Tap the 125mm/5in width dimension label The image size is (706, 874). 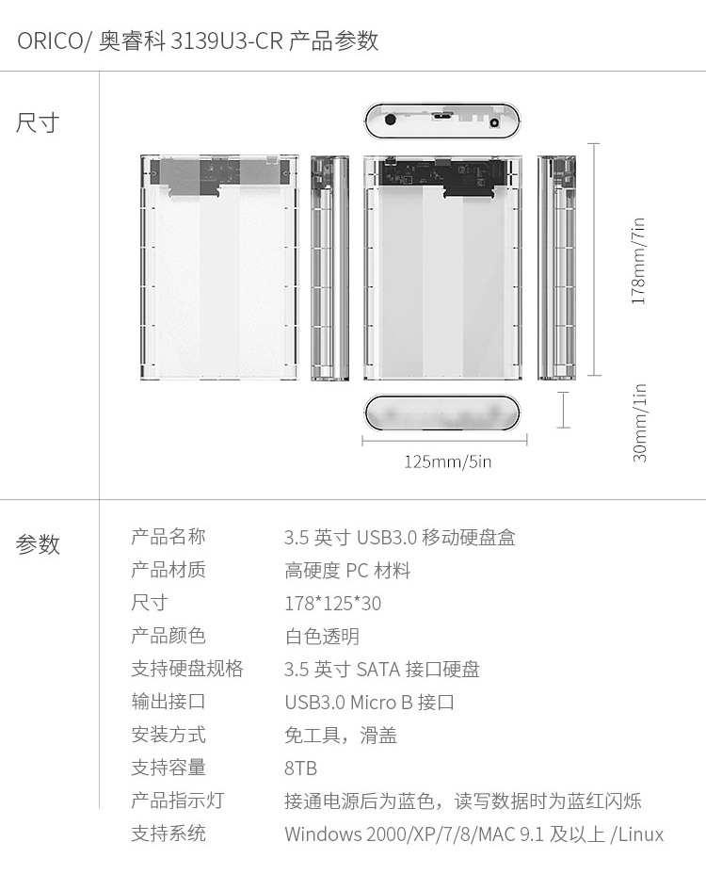(447, 461)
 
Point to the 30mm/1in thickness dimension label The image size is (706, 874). (640, 423)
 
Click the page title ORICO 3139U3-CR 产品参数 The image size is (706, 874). (198, 41)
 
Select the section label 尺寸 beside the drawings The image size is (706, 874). (38, 122)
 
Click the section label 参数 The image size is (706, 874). (38, 544)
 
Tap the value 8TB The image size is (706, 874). (300, 769)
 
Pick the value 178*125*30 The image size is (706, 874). (332, 603)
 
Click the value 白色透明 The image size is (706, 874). (322, 636)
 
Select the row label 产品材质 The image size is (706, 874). (168, 570)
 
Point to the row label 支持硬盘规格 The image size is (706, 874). (187, 669)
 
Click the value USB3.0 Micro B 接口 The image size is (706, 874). (369, 702)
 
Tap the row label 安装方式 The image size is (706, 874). (168, 735)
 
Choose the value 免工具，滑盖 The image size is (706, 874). (341, 736)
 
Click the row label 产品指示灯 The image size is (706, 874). (177, 801)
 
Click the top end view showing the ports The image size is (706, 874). (443, 121)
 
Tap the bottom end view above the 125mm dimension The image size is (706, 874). (441, 413)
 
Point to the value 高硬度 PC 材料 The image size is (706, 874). (347, 570)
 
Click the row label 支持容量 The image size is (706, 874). (168, 768)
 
